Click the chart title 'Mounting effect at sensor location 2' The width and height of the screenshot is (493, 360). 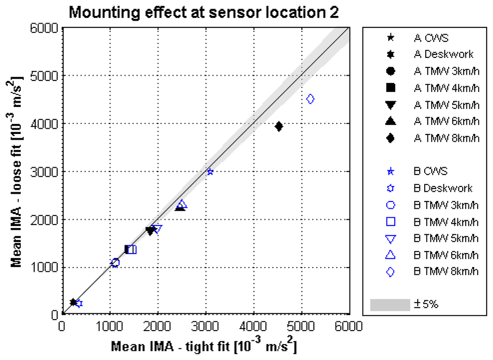tap(204, 12)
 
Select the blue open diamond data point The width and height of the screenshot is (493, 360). tap(311, 99)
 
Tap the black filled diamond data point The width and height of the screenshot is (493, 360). tap(279, 126)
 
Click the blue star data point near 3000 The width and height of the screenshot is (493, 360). tap(210, 172)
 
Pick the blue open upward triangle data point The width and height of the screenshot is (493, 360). tap(182, 204)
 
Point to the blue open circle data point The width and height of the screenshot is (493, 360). tap(115, 263)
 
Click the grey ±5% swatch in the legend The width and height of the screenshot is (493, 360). tap(389, 305)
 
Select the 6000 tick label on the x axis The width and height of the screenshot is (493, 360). tap(349, 326)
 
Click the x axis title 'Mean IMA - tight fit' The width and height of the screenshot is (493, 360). tap(203, 347)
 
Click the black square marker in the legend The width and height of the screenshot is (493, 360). tap(390, 87)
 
